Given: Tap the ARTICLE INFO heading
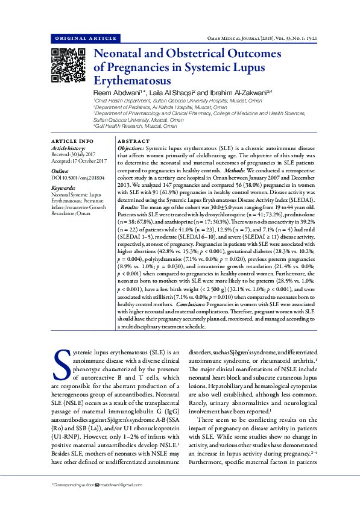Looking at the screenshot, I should pyautogui.click(x=72, y=141).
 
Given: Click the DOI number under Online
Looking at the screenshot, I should pyautogui.click(x=78, y=178).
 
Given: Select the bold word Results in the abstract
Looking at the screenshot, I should pyautogui.click(x=130, y=205).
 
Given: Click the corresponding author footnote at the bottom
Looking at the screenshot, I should pyautogui.click(x=99, y=484).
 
